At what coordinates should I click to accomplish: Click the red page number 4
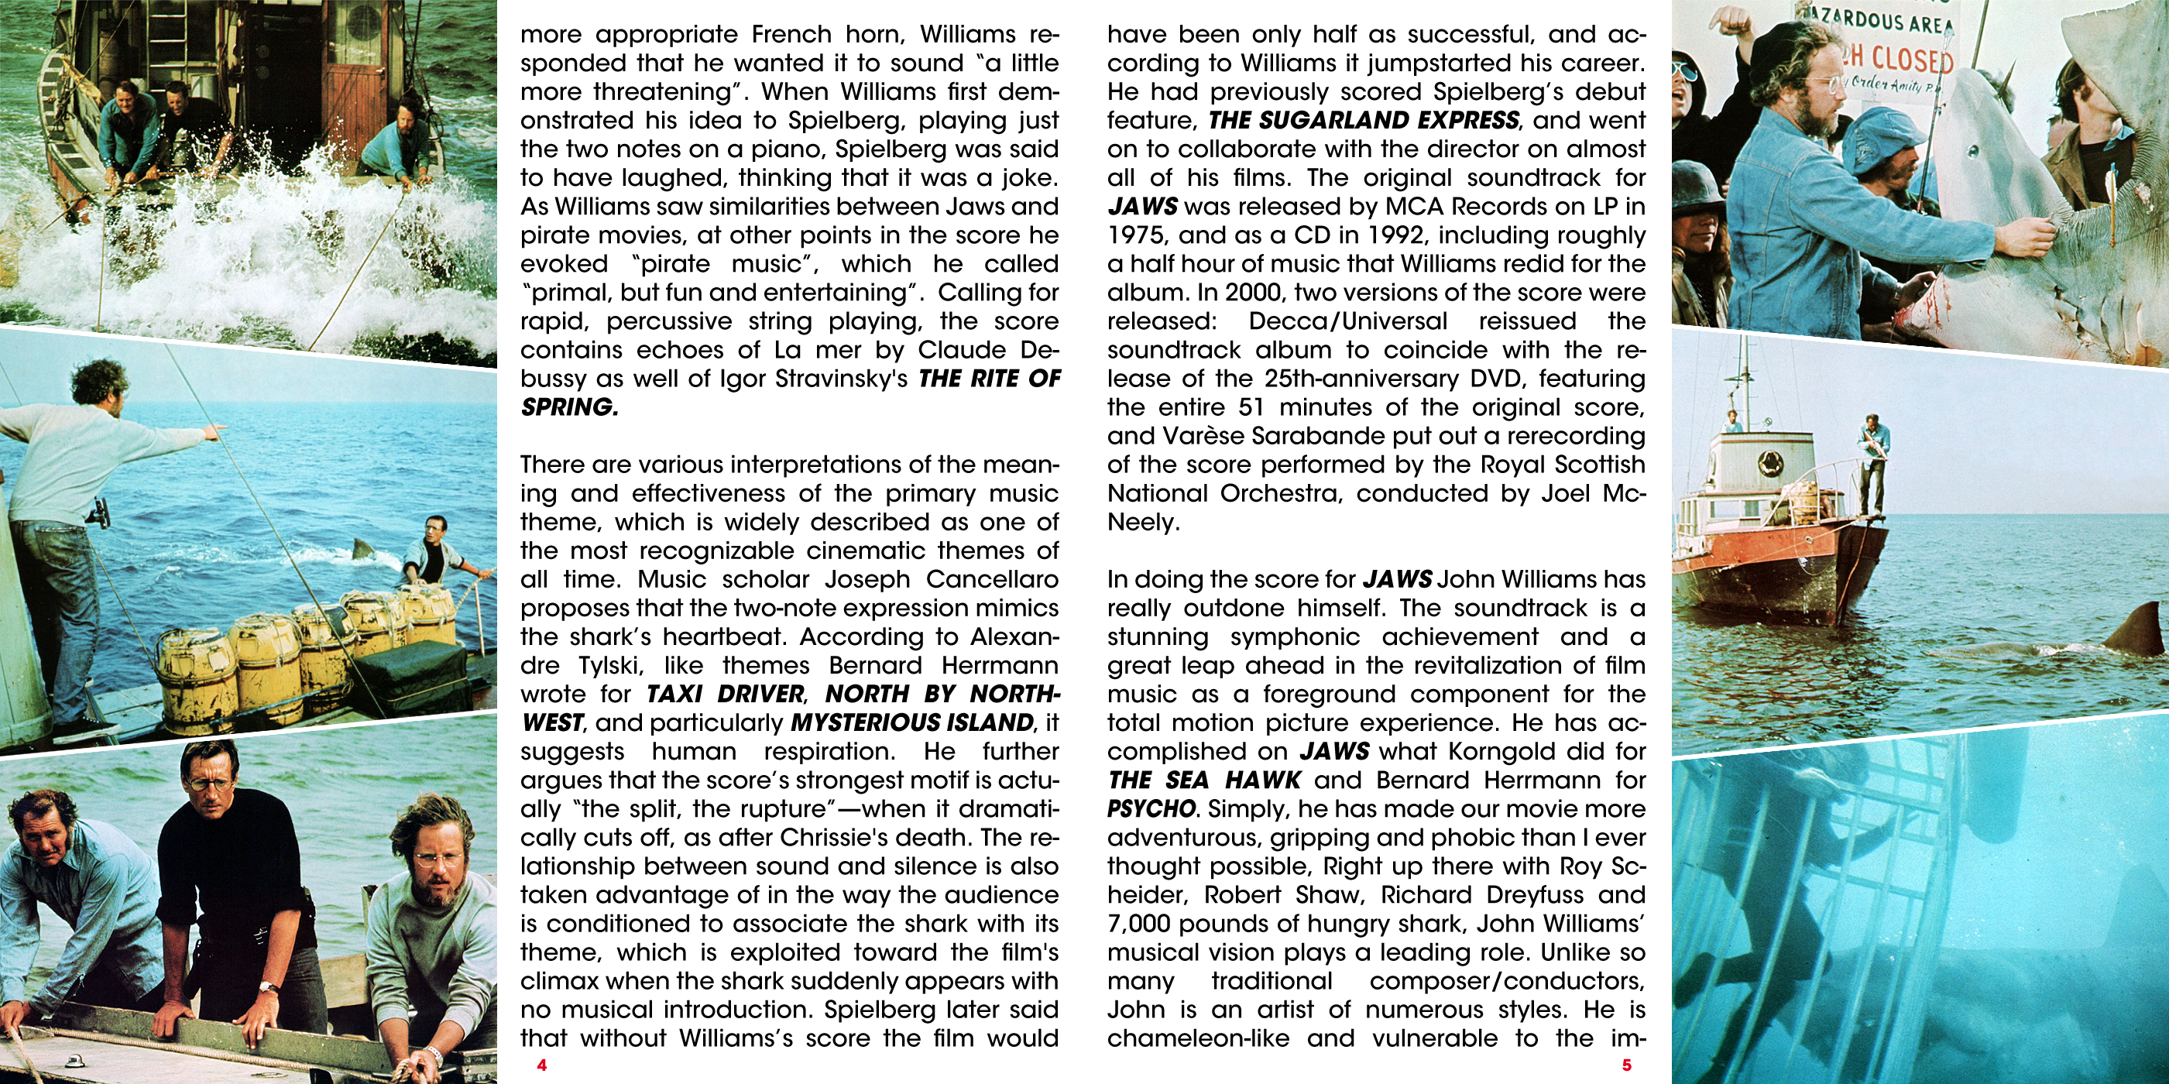(x=541, y=1065)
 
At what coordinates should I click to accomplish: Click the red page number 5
(x=1627, y=1065)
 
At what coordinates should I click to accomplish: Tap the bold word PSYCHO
(x=1151, y=809)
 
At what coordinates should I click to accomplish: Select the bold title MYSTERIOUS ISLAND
(x=912, y=723)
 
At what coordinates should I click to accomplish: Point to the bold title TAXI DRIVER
(x=725, y=695)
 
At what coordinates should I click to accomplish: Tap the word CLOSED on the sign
(x=1911, y=59)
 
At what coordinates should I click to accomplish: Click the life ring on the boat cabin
(x=1770, y=461)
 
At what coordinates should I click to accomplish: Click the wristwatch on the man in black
(x=269, y=987)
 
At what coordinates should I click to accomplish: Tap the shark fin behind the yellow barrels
(x=363, y=550)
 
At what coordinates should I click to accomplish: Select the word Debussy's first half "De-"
(x=1040, y=350)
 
